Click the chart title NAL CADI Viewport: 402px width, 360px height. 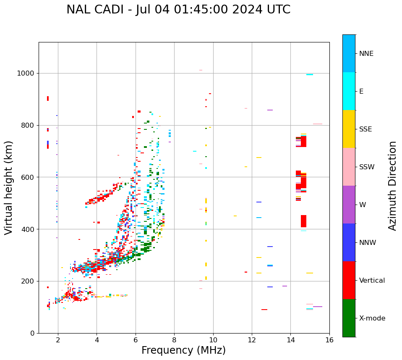pos(178,10)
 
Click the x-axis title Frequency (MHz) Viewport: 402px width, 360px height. pos(183,350)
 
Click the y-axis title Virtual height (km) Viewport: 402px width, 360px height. pos(9,188)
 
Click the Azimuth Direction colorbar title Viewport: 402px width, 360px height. pos(392,186)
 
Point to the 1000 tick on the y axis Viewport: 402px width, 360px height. pos(27,73)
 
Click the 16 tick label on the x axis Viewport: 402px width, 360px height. pos(329,340)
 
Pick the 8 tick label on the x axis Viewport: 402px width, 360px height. pos(174,340)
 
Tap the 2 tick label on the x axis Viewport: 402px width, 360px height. pos(58,340)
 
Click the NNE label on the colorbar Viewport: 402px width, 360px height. pos(366,54)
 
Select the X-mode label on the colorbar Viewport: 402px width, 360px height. pos(372,318)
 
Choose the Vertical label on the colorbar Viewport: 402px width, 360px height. pos(372,281)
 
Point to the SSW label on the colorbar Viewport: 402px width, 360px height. pos(367,167)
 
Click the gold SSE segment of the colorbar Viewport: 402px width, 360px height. pos(349,129)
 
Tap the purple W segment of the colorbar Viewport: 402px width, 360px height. pos(349,205)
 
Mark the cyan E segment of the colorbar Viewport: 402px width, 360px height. pos(349,91)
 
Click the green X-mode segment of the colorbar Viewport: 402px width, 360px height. pos(349,318)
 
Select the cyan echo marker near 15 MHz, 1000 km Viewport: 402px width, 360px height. pos(309,75)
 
